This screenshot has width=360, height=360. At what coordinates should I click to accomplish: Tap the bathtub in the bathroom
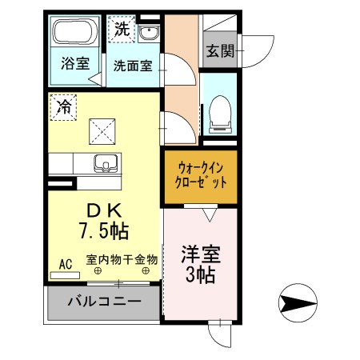[x=74, y=34]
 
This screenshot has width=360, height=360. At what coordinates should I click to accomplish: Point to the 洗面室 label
[x=132, y=66]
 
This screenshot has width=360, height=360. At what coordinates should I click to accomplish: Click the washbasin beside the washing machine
[x=149, y=32]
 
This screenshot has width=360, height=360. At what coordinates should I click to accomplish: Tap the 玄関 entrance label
[x=219, y=52]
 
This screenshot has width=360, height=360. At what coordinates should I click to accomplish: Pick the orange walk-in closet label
[x=202, y=175]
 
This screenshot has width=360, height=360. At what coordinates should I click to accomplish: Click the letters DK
[x=103, y=210]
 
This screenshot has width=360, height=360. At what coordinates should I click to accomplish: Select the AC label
[x=65, y=262]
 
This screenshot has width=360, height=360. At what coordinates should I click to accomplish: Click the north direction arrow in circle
[x=294, y=304]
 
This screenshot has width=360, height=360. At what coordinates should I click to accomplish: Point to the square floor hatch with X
[x=101, y=127]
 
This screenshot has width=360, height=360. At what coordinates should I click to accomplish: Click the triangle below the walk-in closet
[x=209, y=214]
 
